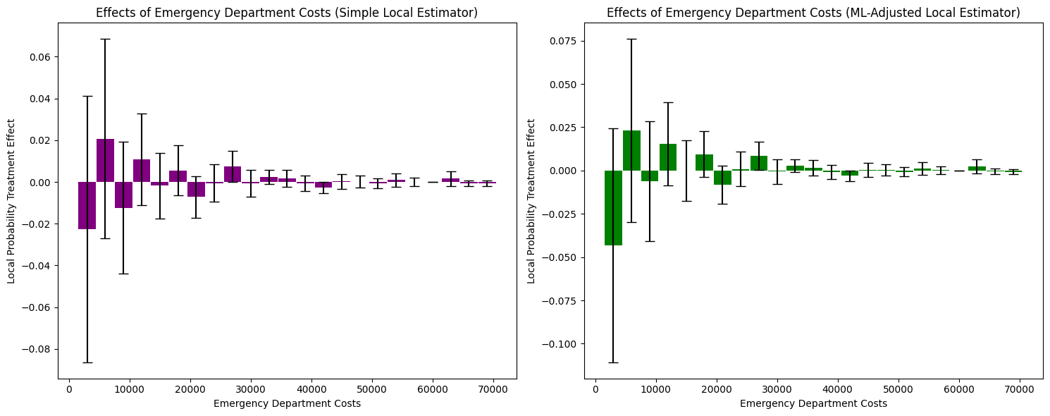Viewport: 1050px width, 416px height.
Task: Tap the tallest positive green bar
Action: tap(631, 150)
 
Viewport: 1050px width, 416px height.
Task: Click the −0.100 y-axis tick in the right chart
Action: tap(562, 344)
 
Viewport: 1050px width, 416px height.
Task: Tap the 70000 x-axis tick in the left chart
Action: tap(493, 389)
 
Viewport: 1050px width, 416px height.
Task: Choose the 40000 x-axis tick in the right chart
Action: tap(837, 389)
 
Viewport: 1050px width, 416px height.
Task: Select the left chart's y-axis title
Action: tap(11, 201)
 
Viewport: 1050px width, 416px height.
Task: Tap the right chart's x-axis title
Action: tap(813, 403)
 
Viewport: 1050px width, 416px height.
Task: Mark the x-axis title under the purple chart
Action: tap(287, 403)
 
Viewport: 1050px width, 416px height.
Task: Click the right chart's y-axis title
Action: tap(531, 201)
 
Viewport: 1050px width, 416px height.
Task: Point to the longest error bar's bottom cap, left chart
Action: tap(87, 362)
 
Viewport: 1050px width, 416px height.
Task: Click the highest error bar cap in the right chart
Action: tap(631, 39)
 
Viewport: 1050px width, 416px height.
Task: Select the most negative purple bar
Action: tap(87, 205)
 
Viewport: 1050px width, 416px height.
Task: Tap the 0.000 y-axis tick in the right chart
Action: tap(565, 171)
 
